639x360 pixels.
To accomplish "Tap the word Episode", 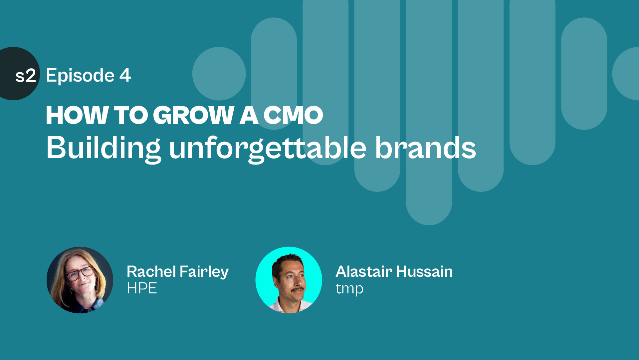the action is tap(80, 76).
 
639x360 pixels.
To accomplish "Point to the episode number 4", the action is tap(125, 75).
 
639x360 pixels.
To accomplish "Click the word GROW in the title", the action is tap(194, 115).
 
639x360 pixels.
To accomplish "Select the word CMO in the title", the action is tap(293, 115).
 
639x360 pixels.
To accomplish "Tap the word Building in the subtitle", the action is tap(104, 149).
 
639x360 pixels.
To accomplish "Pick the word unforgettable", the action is tap(268, 149).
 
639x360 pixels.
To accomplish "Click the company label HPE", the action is tap(142, 288).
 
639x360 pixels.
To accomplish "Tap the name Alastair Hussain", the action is tap(394, 271).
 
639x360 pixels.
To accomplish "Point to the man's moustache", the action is tap(297, 290).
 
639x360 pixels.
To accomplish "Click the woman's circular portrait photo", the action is tap(80, 280).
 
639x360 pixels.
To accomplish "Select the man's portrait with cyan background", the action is tap(289, 280).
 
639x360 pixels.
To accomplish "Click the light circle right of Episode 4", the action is tap(219, 74).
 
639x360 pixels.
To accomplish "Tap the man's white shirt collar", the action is tap(290, 306).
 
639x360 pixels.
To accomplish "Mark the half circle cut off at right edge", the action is tap(626, 74).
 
